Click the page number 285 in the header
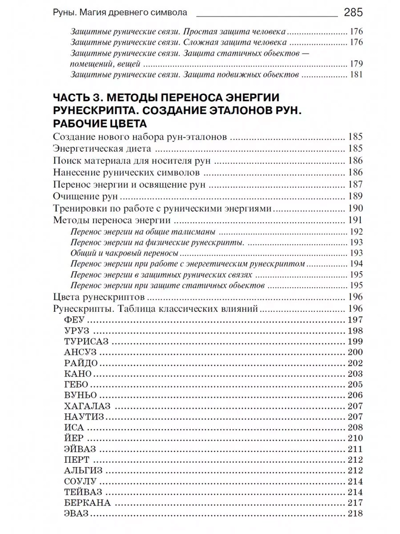tap(353, 12)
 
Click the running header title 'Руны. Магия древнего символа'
tap(120, 12)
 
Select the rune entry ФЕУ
tap(74, 320)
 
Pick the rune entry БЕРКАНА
tap(87, 503)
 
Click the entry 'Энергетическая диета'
tap(102, 149)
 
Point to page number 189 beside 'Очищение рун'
tap(355, 196)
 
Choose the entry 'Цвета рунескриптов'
tap(99, 297)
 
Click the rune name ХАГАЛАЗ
tap(87, 406)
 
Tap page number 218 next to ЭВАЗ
tap(355, 514)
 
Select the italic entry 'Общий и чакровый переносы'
tap(124, 253)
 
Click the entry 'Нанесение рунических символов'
tap(126, 173)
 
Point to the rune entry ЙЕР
tap(74, 438)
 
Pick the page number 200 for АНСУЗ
tap(355, 352)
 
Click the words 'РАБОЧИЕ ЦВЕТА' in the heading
tap(100, 123)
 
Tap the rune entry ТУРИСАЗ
tap(86, 342)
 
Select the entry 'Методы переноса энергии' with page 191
tap(112, 220)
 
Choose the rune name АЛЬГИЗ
tap(83, 471)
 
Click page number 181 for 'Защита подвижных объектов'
tap(356, 75)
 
